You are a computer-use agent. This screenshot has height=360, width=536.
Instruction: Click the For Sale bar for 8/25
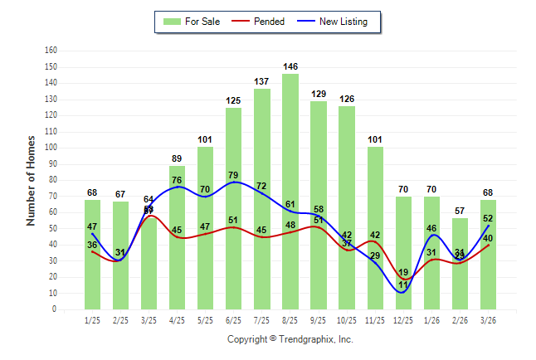click(x=290, y=191)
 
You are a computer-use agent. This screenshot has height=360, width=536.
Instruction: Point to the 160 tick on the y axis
click(x=51, y=51)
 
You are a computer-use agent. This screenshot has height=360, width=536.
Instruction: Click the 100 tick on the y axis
click(x=51, y=148)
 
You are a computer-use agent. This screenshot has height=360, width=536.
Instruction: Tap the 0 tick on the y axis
click(x=54, y=309)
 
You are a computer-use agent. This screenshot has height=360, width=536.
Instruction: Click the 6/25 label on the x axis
click(x=233, y=320)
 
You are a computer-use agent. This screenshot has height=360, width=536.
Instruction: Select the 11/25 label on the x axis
click(x=375, y=320)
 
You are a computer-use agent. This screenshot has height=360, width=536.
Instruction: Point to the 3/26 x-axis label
click(x=488, y=320)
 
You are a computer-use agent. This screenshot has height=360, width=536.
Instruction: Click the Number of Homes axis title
click(x=31, y=180)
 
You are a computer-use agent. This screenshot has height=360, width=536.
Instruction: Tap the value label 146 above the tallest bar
click(x=290, y=66)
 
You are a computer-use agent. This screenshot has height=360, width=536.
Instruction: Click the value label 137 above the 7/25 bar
click(x=261, y=81)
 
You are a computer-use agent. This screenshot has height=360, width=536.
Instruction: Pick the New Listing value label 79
click(x=233, y=175)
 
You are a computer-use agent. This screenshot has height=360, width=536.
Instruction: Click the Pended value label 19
click(x=403, y=272)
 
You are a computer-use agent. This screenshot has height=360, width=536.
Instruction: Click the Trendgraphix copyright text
click(x=290, y=339)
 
